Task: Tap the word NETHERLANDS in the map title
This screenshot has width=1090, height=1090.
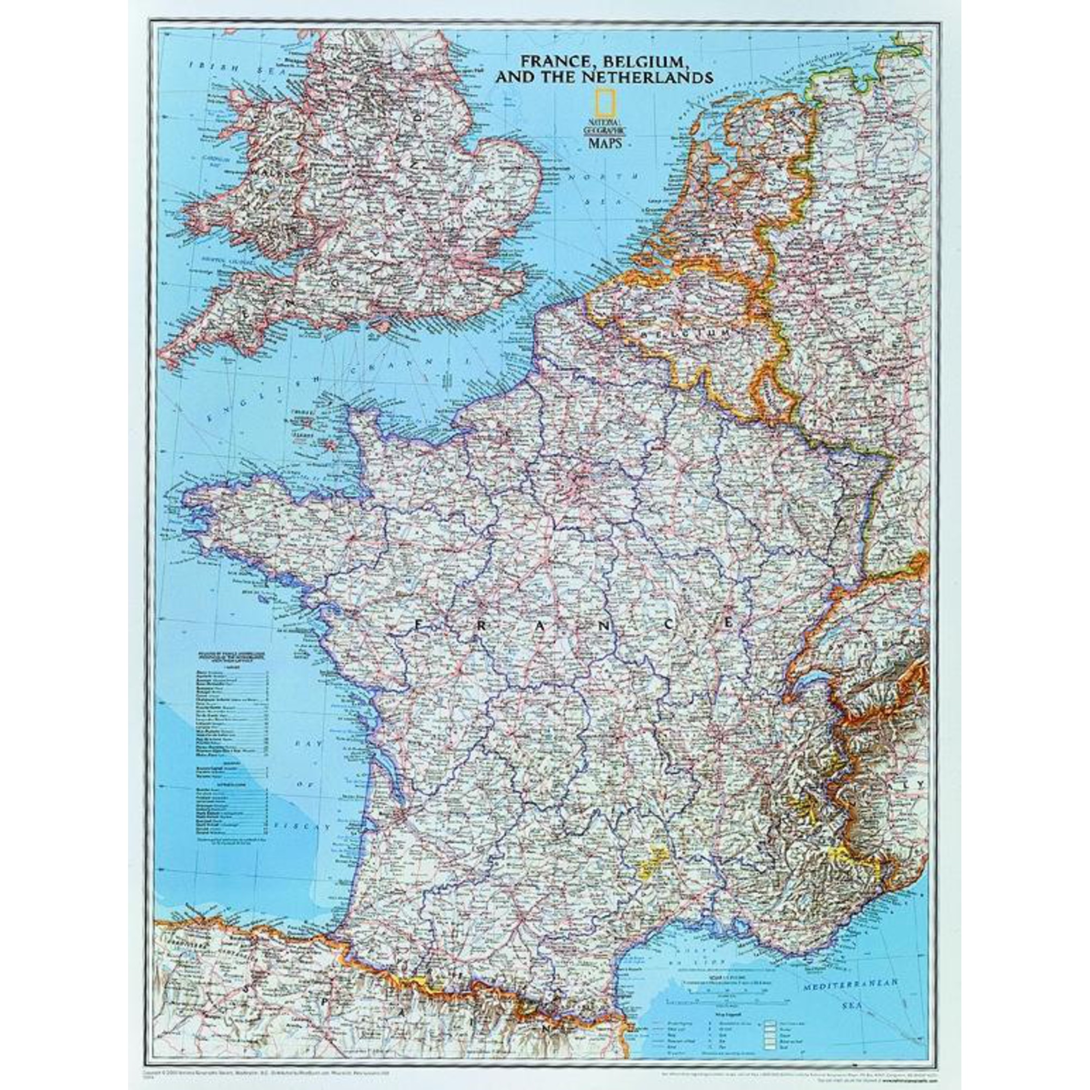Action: tap(645, 77)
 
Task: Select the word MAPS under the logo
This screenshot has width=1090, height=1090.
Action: tap(606, 143)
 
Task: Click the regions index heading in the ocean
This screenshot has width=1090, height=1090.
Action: tap(231, 658)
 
